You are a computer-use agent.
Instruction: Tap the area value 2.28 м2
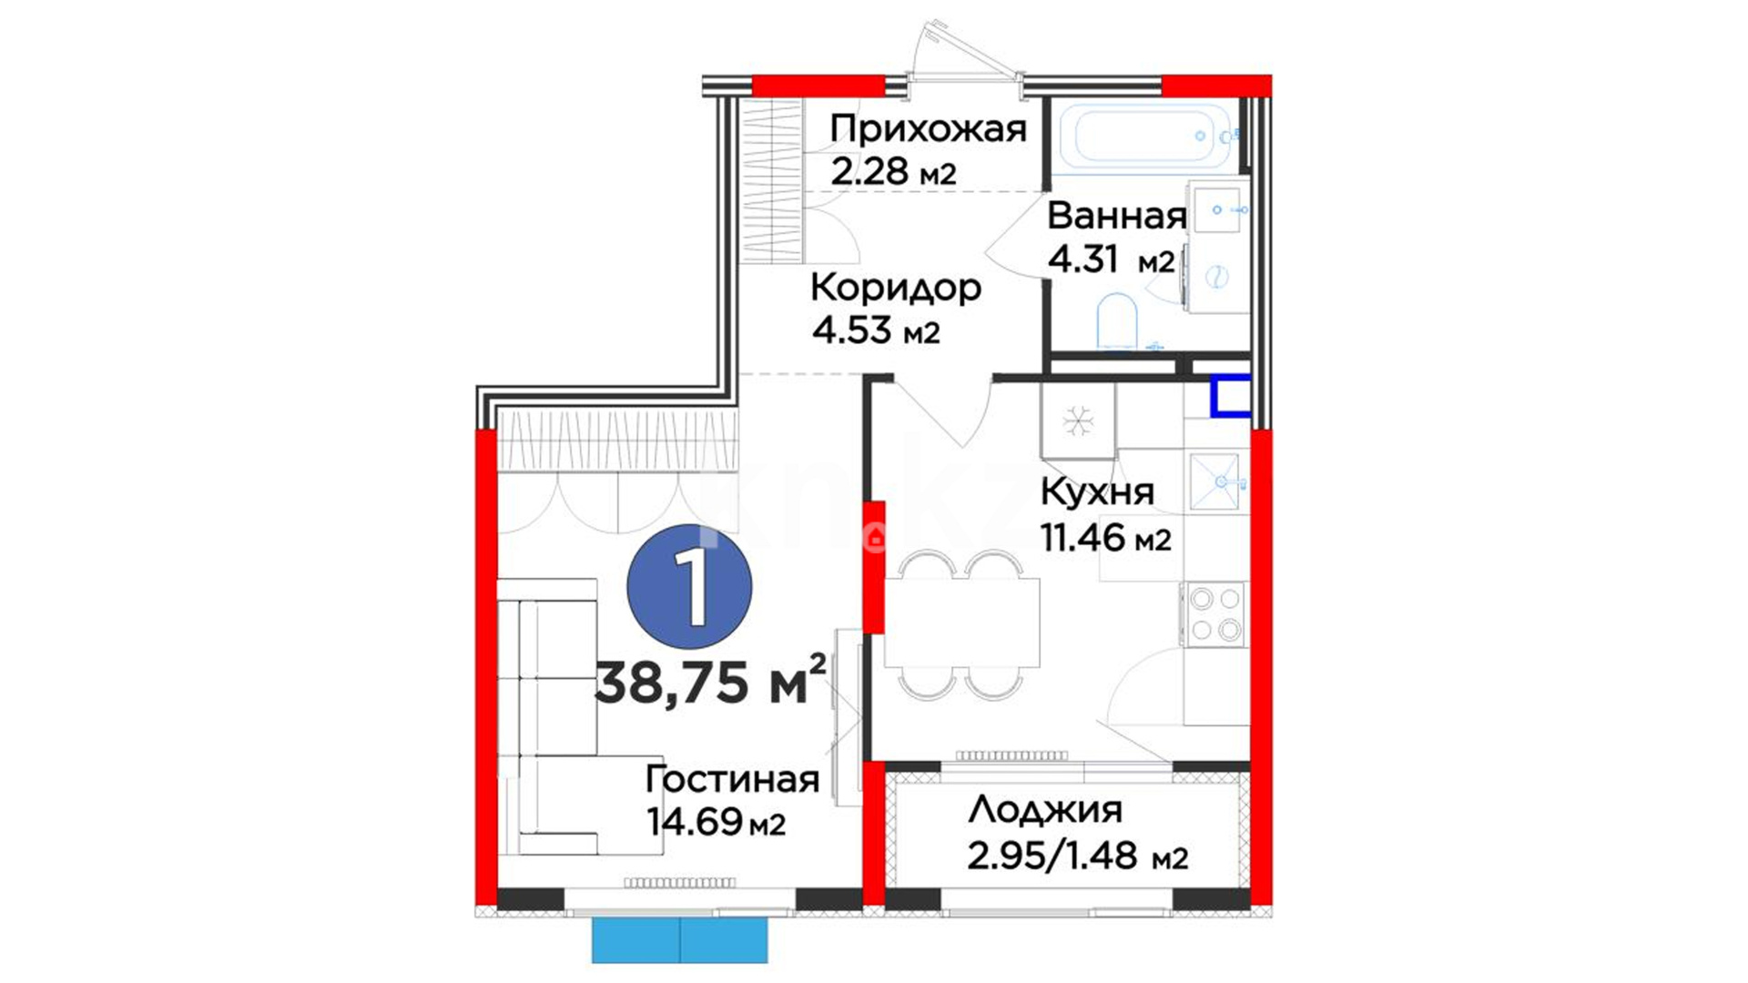click(893, 171)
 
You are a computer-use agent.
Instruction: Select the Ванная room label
click(1116, 217)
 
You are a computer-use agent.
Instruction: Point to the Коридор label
click(896, 289)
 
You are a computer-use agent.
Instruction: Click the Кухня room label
click(1097, 492)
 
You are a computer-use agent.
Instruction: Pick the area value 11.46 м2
click(1105, 538)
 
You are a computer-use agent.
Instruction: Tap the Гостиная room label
click(732, 779)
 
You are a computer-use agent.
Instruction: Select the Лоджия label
click(1045, 809)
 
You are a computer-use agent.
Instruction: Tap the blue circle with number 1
click(690, 588)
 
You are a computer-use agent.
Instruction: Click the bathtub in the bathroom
click(1144, 137)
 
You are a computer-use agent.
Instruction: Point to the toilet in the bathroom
click(1117, 321)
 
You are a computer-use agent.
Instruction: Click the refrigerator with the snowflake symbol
click(1078, 421)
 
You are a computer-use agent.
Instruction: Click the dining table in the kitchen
click(961, 623)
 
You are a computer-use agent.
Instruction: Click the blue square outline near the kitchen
click(1230, 396)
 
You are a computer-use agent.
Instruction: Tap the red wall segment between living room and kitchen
click(874, 566)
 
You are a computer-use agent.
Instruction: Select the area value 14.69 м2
click(716, 822)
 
